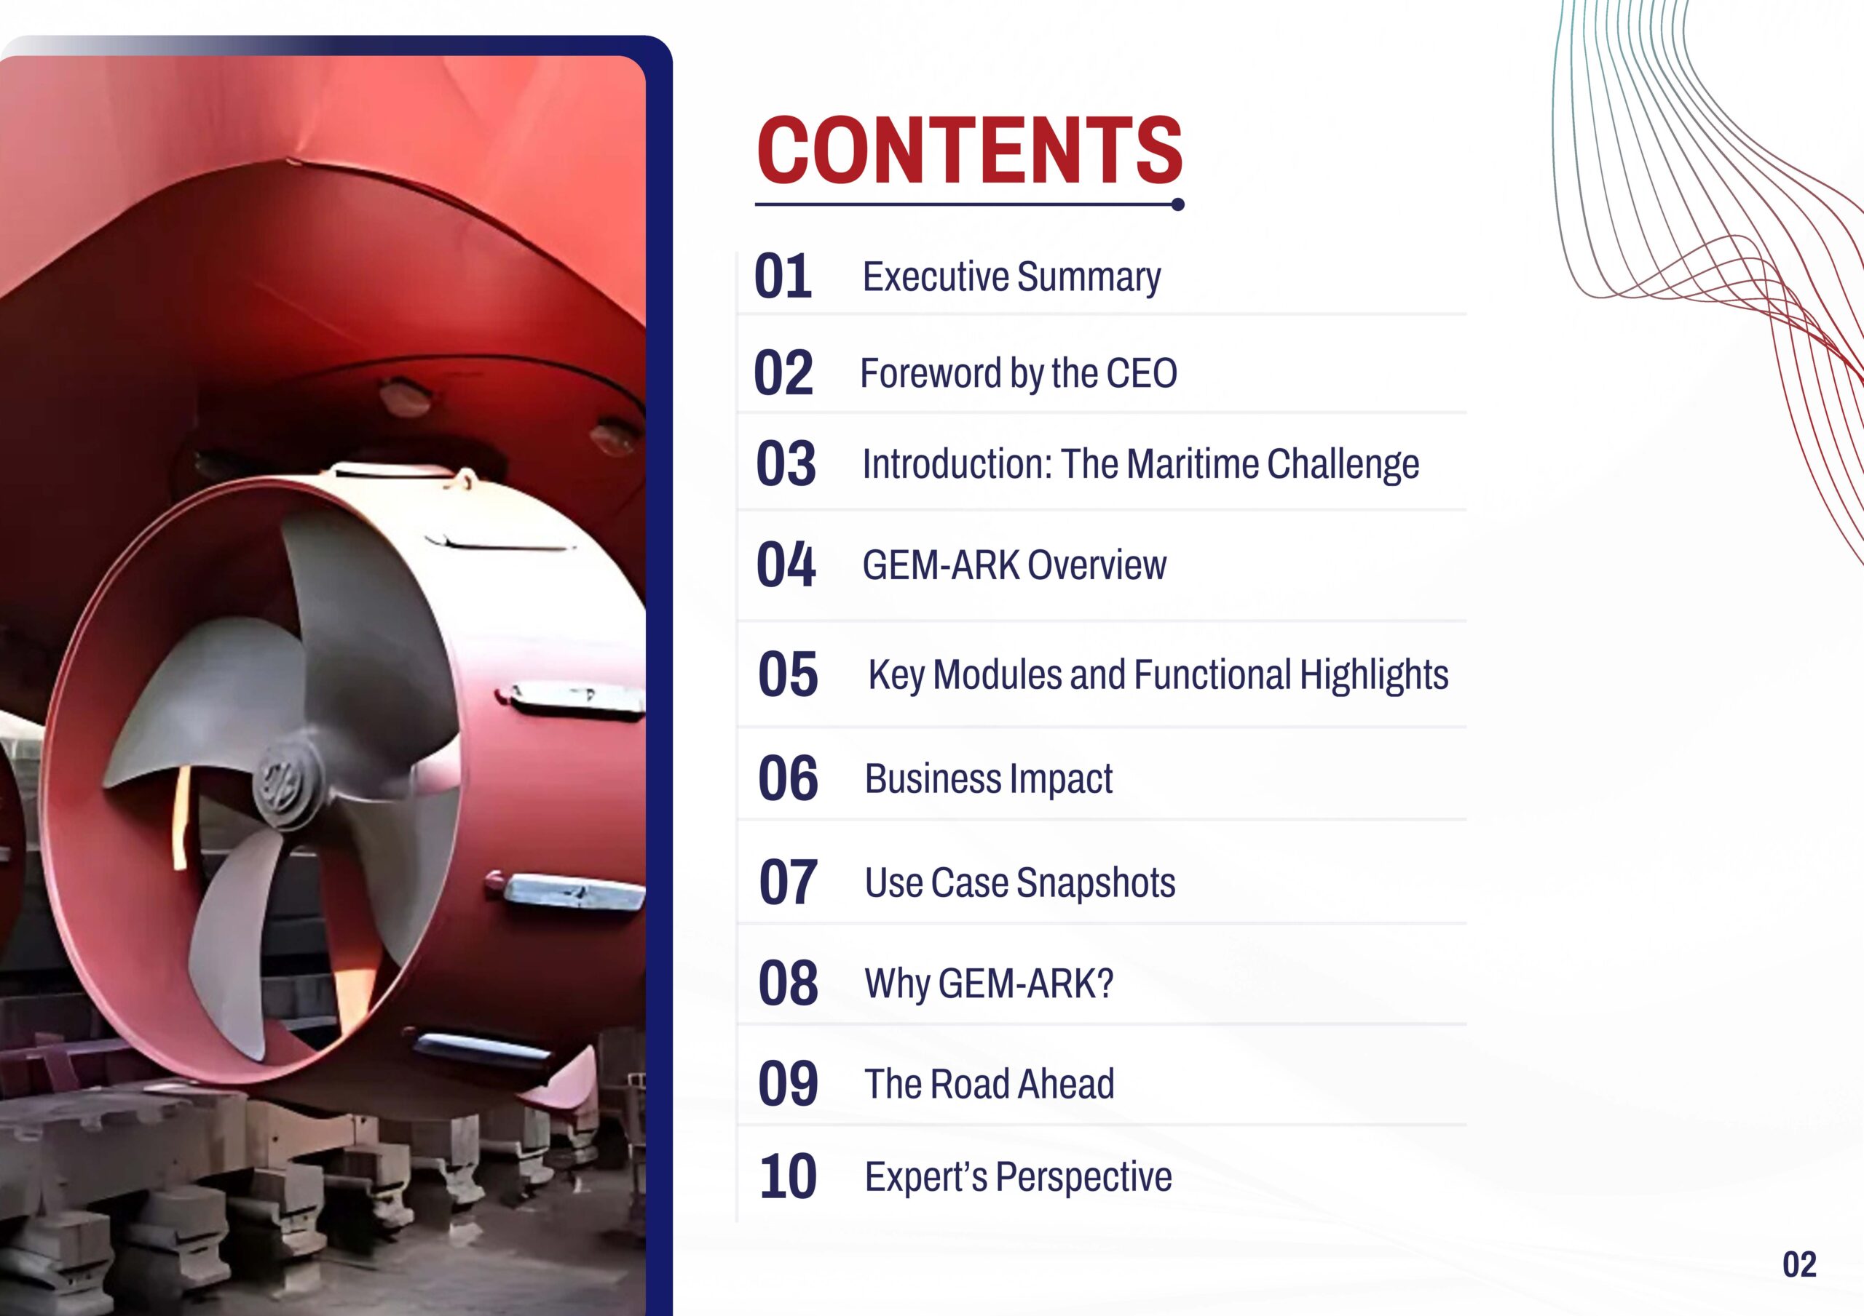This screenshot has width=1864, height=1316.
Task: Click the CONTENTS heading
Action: click(969, 150)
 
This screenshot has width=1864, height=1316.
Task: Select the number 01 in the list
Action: click(783, 276)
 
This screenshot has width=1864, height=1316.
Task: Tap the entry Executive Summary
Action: click(1011, 277)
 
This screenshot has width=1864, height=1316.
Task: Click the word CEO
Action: click(1142, 373)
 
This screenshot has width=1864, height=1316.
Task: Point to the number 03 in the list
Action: click(786, 464)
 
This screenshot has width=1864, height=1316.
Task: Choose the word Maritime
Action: click(1193, 464)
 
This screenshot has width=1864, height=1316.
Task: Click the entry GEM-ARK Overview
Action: click(1014, 565)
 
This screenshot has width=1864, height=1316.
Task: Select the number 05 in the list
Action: click(788, 674)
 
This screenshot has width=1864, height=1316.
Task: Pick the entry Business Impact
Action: click(989, 780)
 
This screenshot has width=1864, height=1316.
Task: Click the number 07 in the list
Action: click(788, 882)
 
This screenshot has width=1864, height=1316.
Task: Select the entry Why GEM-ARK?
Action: click(989, 984)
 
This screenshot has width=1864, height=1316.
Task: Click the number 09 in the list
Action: click(788, 1083)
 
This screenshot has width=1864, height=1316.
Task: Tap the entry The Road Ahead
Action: click(990, 1084)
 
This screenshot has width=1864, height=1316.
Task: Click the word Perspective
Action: click(1084, 1178)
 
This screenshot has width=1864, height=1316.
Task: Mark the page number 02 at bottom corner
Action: click(1799, 1265)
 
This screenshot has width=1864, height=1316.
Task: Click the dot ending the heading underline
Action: click(1178, 204)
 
